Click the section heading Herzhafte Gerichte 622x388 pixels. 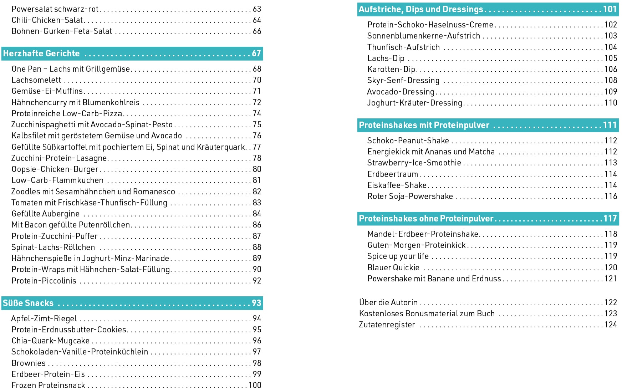[x=41, y=53]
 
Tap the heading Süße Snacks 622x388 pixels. [x=28, y=303]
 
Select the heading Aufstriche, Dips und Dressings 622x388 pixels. [x=421, y=9]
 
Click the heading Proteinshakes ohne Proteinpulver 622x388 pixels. [x=426, y=219]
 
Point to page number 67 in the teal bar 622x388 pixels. [x=256, y=53]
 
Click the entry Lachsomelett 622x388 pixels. [x=36, y=80]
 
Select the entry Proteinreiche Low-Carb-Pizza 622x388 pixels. [x=67, y=113]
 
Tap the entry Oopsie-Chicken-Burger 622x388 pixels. [x=55, y=169]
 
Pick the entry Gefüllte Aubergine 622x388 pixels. [x=46, y=214]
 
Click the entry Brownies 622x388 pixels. [x=29, y=363]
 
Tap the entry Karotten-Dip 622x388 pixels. [x=391, y=69]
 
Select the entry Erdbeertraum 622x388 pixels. [x=393, y=174]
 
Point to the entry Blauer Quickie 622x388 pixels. [x=393, y=267]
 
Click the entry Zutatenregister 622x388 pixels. [x=387, y=325]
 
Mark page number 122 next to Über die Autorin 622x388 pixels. [x=611, y=302]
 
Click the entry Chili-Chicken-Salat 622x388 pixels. [x=47, y=20]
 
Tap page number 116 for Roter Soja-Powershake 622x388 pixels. [x=611, y=196]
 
